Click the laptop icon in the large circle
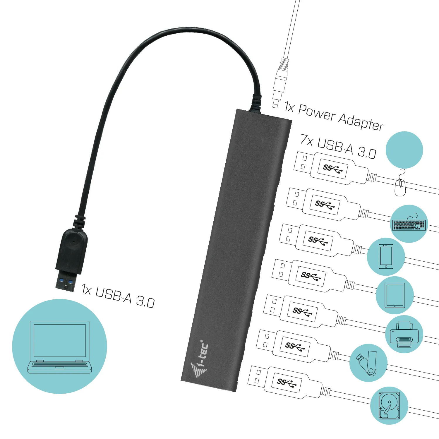(x=60, y=347)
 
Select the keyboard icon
(x=409, y=224)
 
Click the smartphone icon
(x=386, y=256)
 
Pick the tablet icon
(x=395, y=295)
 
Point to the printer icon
(x=404, y=335)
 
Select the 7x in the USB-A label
(x=307, y=140)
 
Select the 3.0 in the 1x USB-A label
(x=145, y=301)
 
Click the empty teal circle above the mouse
(x=404, y=150)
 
